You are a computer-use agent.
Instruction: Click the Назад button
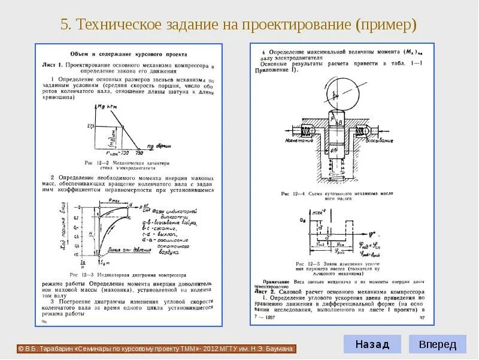coord(372,344)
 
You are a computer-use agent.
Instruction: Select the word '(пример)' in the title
coord(385,25)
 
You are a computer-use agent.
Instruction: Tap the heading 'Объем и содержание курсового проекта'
coord(128,54)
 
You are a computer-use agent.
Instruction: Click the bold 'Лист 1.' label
coord(53,64)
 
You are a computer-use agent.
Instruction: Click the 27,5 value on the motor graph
coord(90,126)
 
